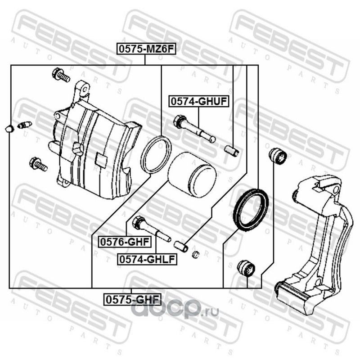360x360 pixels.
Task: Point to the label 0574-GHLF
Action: click(146, 259)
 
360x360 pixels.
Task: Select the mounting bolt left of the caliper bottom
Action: click(38, 164)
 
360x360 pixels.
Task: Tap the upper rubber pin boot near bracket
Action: click(277, 156)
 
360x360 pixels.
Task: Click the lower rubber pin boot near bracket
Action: click(246, 268)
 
